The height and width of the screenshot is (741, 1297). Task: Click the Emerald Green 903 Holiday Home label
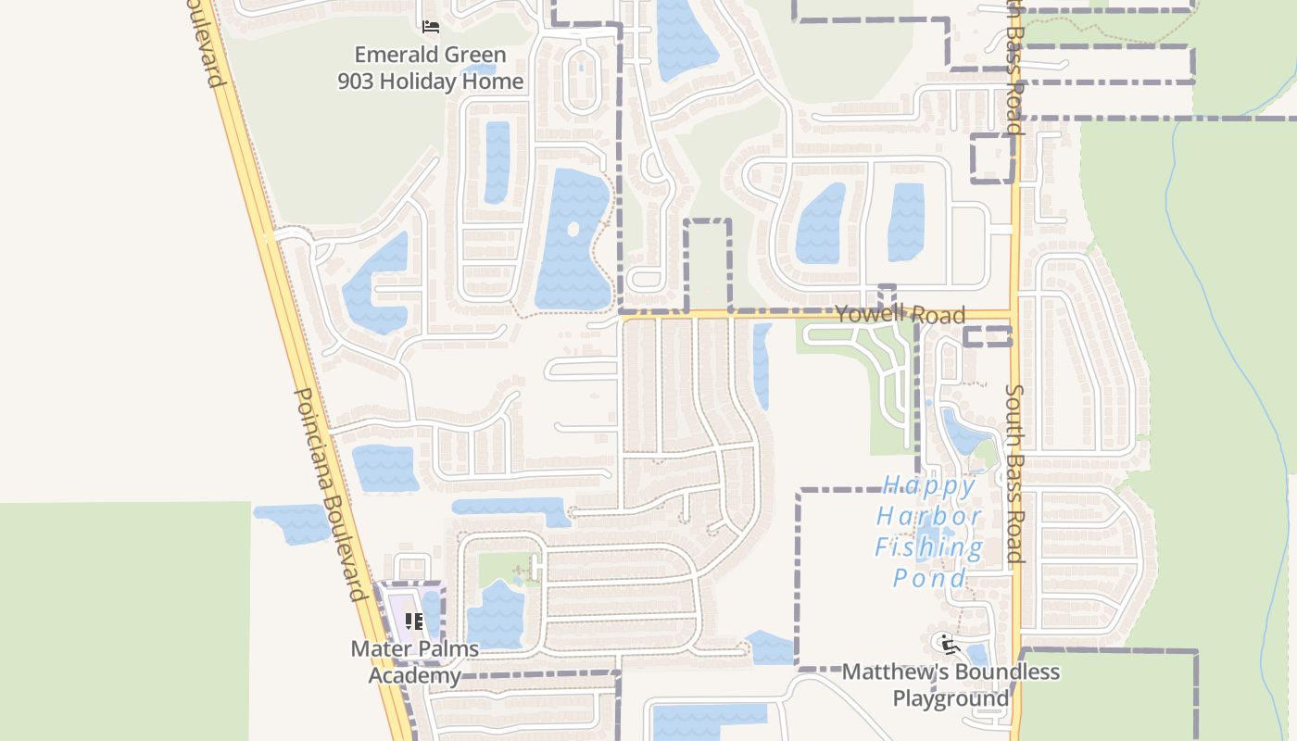(x=431, y=68)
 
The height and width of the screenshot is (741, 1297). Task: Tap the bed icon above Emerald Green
(x=431, y=27)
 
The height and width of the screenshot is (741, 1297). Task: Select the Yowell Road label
(x=900, y=315)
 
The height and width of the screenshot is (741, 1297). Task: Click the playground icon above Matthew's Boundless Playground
(x=946, y=643)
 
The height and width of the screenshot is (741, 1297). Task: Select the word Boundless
(x=1007, y=672)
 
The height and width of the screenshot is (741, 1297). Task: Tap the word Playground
(x=951, y=697)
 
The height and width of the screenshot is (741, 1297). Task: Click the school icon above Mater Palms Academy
(x=414, y=621)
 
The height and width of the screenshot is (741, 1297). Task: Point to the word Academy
(x=414, y=674)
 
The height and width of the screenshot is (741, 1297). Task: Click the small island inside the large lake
(x=573, y=229)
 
